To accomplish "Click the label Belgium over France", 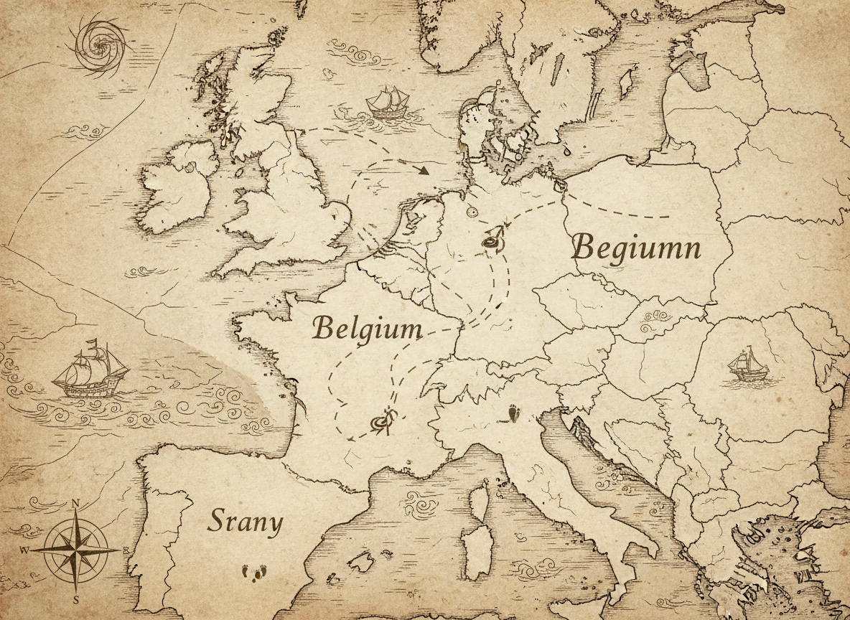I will point(367,329).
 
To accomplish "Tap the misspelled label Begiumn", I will point(636,248).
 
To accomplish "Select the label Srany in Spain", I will point(245,522).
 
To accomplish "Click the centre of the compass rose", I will point(75,549).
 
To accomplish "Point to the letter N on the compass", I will point(75,504).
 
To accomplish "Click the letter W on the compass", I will point(24,550).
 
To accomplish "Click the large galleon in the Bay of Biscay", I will point(89,371).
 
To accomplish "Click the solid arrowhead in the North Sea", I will point(424,171).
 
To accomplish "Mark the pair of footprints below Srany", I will point(254,572).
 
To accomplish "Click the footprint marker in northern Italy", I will point(514,413).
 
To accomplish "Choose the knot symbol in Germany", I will point(492,242).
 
